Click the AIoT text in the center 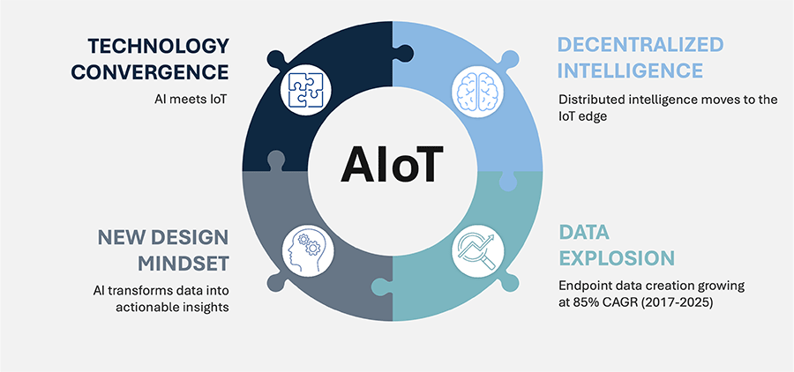392,165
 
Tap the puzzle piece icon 306,91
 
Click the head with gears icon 306,250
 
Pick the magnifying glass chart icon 478,250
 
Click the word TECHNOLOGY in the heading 159,47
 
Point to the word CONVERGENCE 150,72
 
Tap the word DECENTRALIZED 640,45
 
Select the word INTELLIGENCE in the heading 631,71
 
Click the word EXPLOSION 617,258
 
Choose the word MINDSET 184,264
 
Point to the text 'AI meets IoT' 190,100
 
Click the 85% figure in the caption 584,304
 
